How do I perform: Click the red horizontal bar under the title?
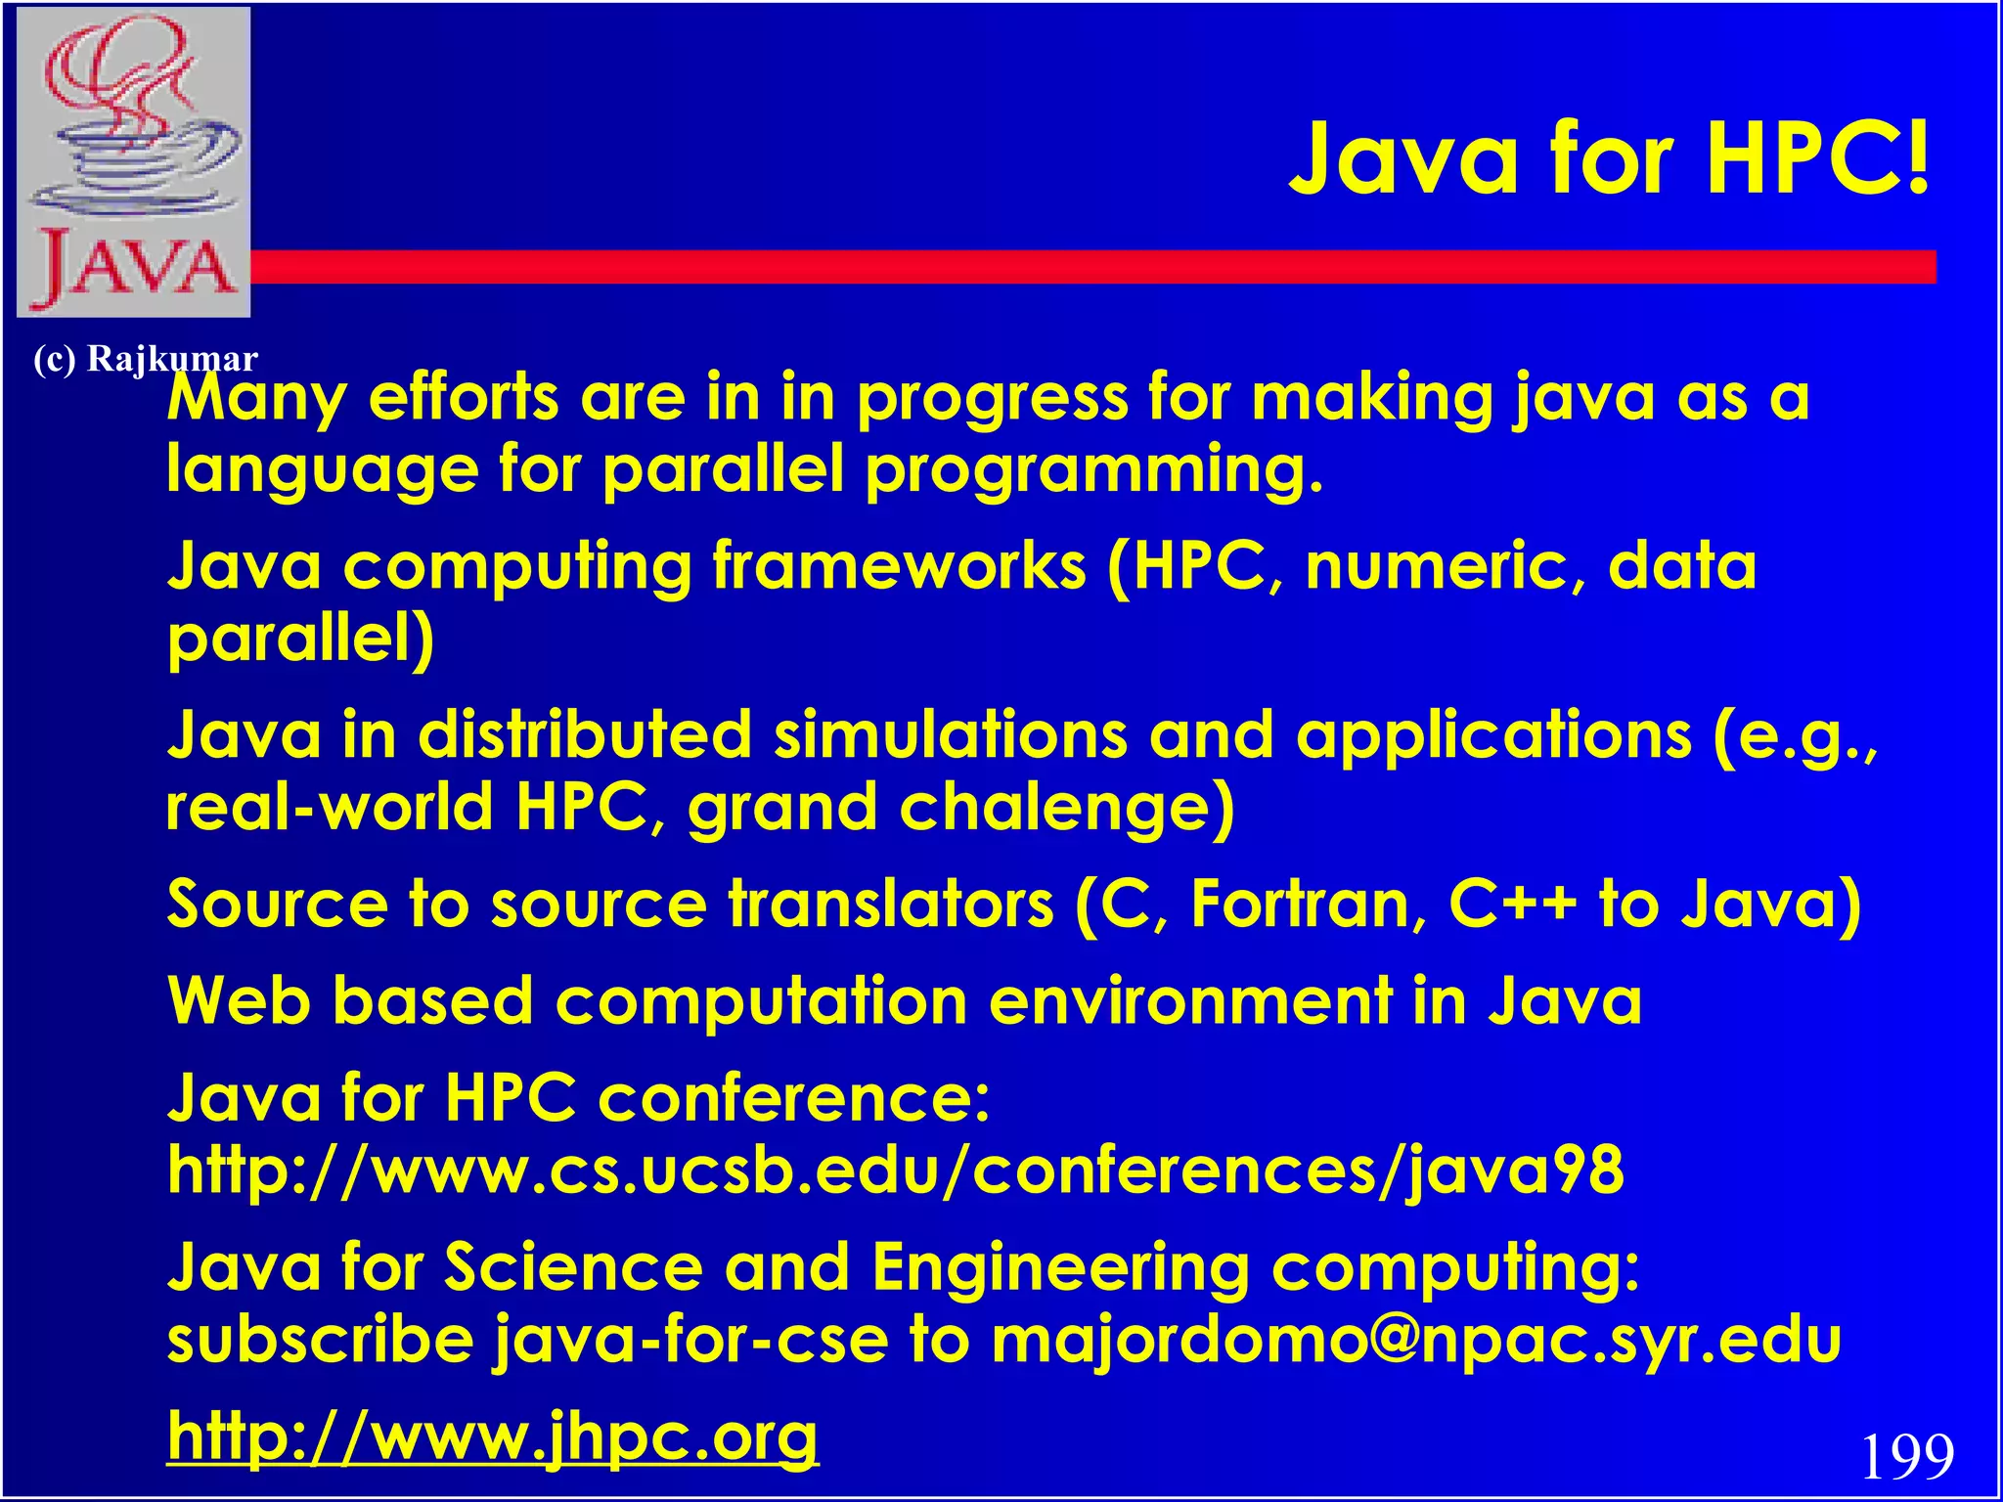tap(1076, 267)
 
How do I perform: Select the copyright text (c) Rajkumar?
tap(145, 359)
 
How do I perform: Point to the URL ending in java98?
tap(895, 1170)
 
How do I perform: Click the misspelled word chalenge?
tap(1066, 808)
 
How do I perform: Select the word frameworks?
tap(899, 566)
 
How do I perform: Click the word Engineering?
tap(1060, 1267)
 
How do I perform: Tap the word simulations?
tap(951, 735)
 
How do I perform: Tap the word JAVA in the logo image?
tap(135, 266)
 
